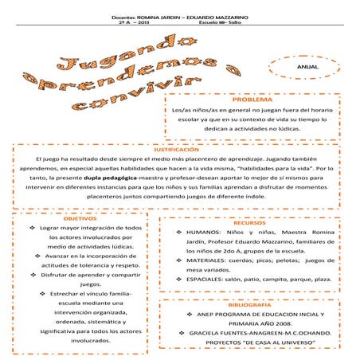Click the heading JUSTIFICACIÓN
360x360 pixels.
[180, 149]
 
